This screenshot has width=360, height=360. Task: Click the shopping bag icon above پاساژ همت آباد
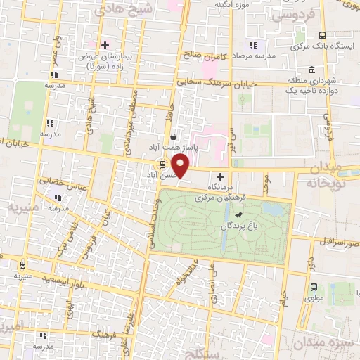coord(173,137)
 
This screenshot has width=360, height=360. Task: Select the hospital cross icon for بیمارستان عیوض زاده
coord(105,45)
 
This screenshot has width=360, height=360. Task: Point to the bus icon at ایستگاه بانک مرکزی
coord(322,35)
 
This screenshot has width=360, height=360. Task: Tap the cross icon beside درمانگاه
coord(221,176)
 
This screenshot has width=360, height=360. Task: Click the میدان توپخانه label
coord(333,174)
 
